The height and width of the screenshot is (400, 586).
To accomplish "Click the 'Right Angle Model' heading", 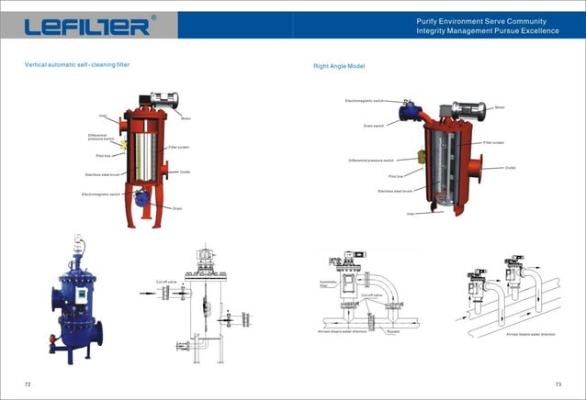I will pyautogui.click(x=339, y=66).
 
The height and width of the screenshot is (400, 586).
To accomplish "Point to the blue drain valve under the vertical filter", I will pyautogui.click(x=142, y=196).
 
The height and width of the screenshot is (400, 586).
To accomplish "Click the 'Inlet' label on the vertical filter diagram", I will pyautogui.click(x=103, y=116).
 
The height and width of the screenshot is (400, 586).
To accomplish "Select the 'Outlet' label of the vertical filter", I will pyautogui.click(x=185, y=172).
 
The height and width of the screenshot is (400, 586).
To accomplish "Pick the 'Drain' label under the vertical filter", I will pyautogui.click(x=177, y=208).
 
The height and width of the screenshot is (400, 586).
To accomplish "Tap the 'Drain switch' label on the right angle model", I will pyautogui.click(x=373, y=125).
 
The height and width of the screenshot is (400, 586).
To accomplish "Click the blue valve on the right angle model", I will pyautogui.click(x=405, y=111).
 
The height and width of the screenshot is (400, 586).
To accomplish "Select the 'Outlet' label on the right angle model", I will pyautogui.click(x=510, y=168).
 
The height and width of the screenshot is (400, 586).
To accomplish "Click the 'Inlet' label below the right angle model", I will pyautogui.click(x=411, y=213).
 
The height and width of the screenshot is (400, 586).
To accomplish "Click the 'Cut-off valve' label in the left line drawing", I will pyautogui.click(x=166, y=282).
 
